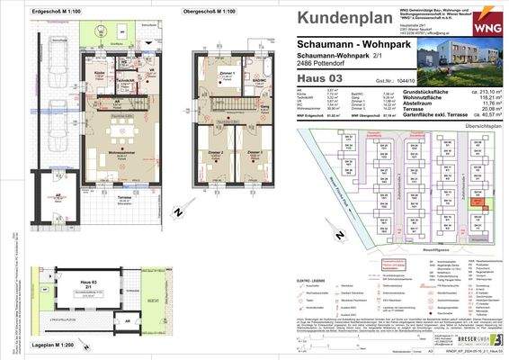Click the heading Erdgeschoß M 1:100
coord(58,11)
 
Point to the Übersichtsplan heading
coord(476,125)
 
